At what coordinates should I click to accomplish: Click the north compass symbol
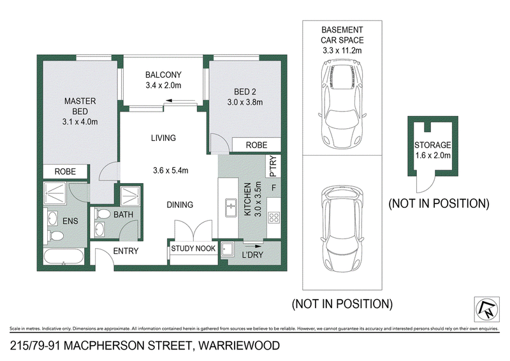(x=486, y=309)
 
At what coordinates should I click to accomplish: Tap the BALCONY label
(x=163, y=75)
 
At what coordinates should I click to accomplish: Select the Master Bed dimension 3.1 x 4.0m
(x=80, y=122)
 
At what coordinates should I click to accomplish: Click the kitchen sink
(x=231, y=207)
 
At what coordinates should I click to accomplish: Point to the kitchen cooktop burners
(x=274, y=217)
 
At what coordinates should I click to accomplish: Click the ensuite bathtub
(x=64, y=256)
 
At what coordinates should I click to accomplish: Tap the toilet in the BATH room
(x=103, y=214)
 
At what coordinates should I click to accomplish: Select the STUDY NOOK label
(x=193, y=248)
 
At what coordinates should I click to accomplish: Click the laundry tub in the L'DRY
(x=227, y=249)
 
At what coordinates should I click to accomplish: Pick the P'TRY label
(x=273, y=166)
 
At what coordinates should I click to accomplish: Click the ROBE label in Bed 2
(x=256, y=145)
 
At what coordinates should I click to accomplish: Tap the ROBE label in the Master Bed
(x=65, y=172)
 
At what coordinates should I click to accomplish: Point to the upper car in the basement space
(x=342, y=104)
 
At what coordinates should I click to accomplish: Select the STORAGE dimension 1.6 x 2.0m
(x=433, y=155)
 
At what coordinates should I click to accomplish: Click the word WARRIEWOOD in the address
(x=239, y=346)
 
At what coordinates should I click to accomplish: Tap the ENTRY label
(x=126, y=251)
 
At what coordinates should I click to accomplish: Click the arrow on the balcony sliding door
(x=173, y=101)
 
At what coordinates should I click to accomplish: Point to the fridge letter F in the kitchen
(x=274, y=188)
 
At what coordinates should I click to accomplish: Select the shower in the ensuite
(x=55, y=194)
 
